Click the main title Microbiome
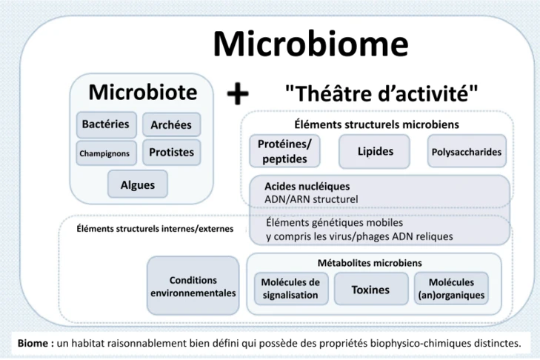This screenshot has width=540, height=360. [x=310, y=45]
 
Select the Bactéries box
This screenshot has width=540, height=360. [x=105, y=124]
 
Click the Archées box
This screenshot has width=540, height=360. [x=170, y=125]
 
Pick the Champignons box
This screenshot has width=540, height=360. [x=104, y=153]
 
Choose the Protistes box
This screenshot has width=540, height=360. [x=170, y=153]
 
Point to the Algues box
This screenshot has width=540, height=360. [x=138, y=184]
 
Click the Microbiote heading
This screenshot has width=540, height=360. [x=143, y=92]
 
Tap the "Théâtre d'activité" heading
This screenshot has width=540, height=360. [x=381, y=94]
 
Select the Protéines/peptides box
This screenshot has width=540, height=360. [x=285, y=152]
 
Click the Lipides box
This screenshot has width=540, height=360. [x=376, y=151]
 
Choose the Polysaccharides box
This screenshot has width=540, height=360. [x=466, y=152]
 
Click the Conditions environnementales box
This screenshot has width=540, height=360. [x=193, y=287]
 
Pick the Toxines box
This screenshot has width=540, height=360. [x=370, y=290]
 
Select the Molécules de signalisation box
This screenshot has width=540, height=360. [x=290, y=289]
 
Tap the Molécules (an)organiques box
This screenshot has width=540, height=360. [x=451, y=289]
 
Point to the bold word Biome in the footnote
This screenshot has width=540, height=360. [x=34, y=342]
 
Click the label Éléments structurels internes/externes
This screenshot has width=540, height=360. [x=155, y=228]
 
